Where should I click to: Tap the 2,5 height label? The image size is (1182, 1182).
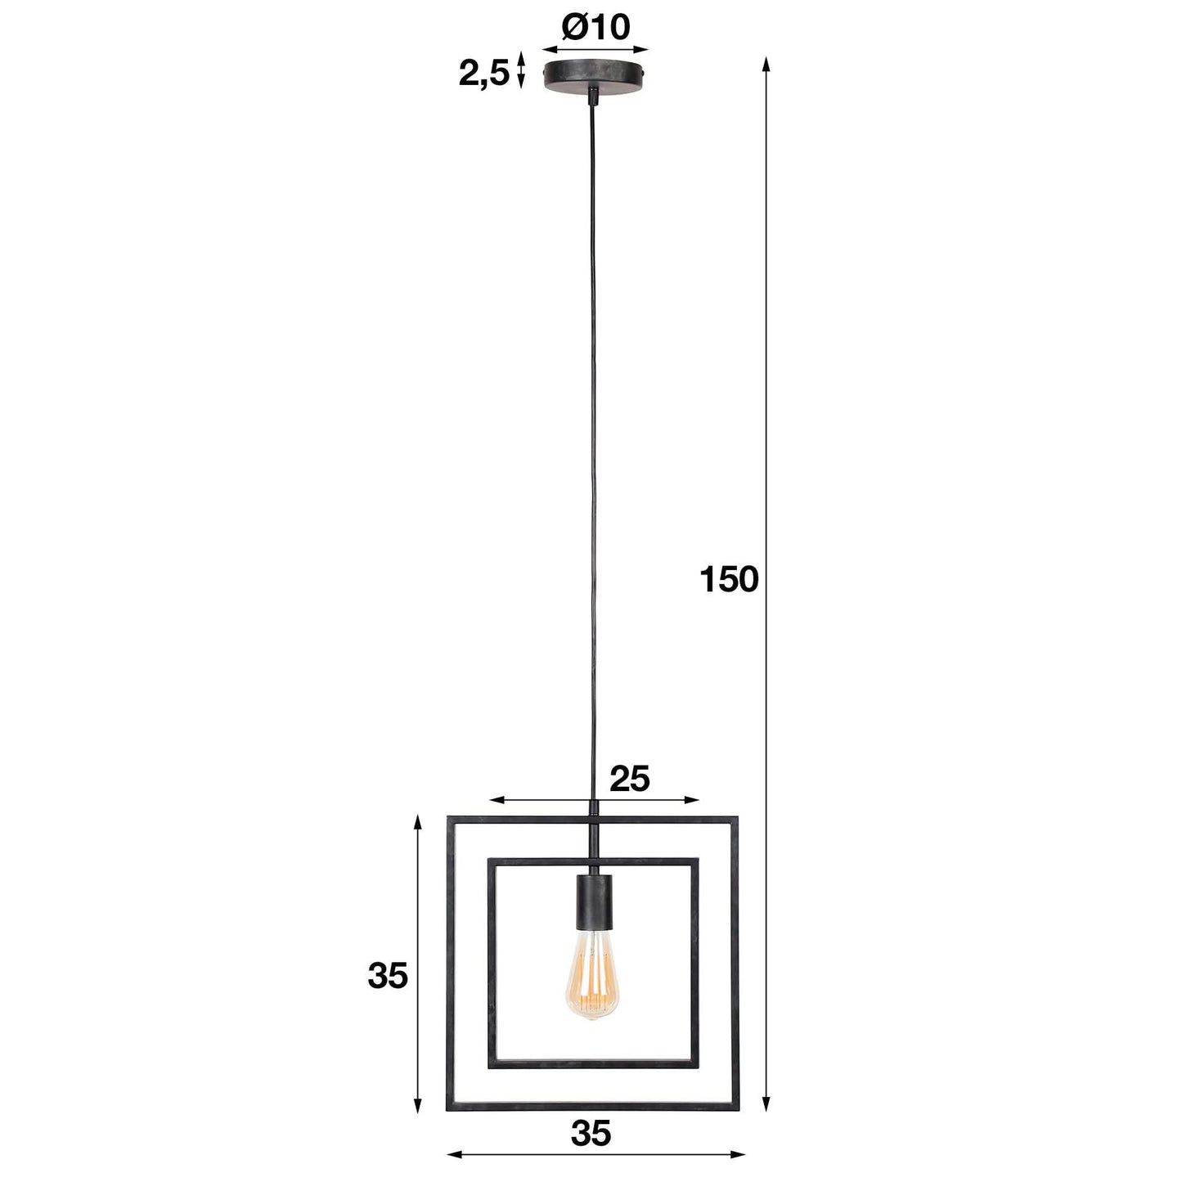[483, 74]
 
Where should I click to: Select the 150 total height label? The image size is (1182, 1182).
[729, 580]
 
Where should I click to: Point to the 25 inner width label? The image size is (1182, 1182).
[629, 779]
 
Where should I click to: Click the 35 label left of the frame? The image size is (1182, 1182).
[388, 976]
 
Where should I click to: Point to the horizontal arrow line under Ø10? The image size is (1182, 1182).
[595, 49]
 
